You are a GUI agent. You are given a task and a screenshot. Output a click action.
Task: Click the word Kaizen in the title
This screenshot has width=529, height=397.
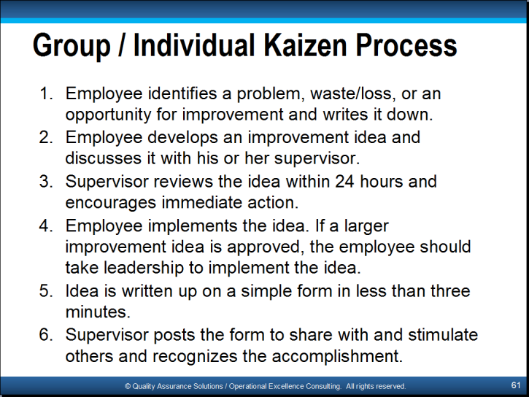point(305,45)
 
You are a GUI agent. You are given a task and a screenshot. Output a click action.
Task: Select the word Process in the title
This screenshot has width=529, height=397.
point(406,45)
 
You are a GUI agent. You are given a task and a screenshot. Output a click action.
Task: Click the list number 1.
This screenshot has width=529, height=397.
point(46,93)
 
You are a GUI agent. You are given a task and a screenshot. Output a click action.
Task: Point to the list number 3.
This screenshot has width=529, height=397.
point(46,182)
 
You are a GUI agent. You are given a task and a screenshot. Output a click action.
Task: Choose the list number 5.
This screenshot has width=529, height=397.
point(46,291)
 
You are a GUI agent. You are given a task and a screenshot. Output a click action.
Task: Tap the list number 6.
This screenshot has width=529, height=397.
point(46,335)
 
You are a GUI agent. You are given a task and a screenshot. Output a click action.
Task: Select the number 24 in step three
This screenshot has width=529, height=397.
point(344,182)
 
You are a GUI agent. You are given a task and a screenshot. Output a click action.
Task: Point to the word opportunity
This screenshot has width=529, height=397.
point(108,115)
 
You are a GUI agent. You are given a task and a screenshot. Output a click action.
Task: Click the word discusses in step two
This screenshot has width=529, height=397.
point(103,158)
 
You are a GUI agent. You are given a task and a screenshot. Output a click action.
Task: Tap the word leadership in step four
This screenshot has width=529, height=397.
point(144,268)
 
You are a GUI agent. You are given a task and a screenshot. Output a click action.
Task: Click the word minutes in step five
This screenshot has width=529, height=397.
point(98,312)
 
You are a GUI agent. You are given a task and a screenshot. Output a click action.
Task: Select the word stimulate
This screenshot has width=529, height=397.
point(443,335)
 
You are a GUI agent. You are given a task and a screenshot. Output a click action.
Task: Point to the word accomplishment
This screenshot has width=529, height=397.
point(337,357)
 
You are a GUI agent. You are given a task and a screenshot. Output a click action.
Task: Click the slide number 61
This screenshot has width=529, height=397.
point(516,385)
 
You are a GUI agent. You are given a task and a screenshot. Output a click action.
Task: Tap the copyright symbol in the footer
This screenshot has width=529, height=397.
point(128,387)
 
